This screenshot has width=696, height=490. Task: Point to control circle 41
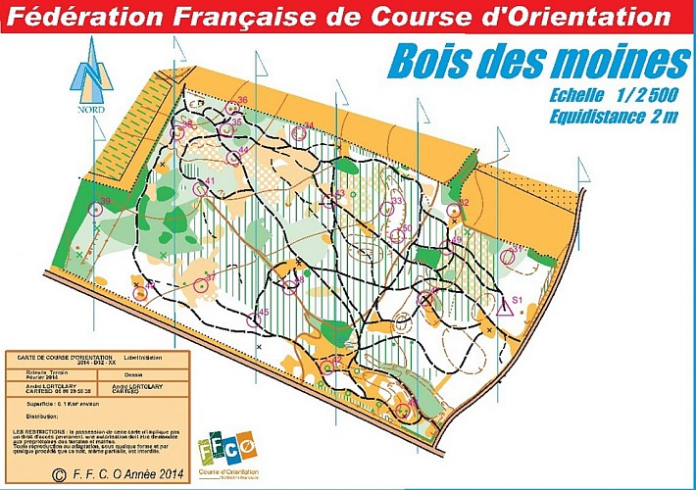click(x=200, y=188)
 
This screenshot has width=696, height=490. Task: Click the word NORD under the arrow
click(x=90, y=111)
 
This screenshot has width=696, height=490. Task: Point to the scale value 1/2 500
click(x=636, y=97)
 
